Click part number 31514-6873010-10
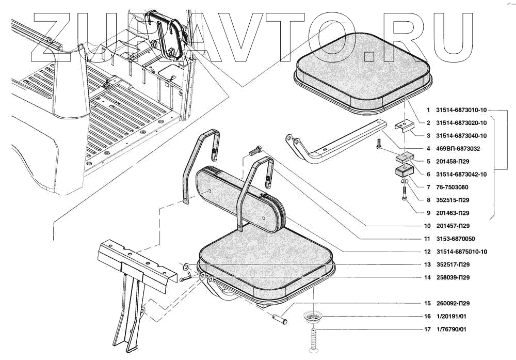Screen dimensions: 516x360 pyautogui.click(x=461, y=110)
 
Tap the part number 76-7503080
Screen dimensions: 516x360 pyautogui.click(x=453, y=187)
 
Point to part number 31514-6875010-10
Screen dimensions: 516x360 pyautogui.click(x=461, y=252)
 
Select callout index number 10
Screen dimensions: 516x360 pyautogui.click(x=427, y=226)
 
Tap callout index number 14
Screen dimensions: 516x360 pyautogui.click(x=427, y=277)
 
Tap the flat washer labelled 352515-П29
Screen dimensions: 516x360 pyautogui.click(x=406, y=182)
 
